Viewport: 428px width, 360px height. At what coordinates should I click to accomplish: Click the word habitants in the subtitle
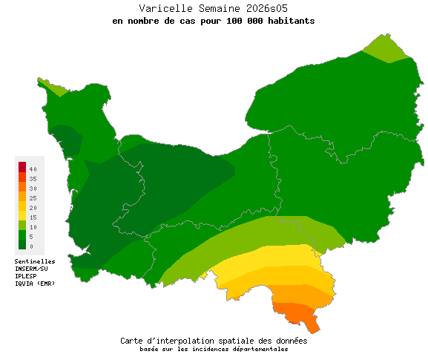coord(291,21)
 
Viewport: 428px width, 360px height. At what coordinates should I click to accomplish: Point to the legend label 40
coord(33,170)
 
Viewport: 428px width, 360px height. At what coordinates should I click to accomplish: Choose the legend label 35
coord(33,180)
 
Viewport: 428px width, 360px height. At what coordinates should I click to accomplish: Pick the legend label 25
coord(33,198)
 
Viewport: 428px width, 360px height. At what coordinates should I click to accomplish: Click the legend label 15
coord(33,217)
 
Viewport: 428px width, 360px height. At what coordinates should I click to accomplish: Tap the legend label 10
coord(33,226)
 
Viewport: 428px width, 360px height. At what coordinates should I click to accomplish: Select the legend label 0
coord(31,246)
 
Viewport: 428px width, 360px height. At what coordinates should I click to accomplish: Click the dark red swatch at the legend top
coord(22,166)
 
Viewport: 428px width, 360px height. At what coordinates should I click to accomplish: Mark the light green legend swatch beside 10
coord(22,225)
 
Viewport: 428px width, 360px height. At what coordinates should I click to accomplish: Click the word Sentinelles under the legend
coord(35,261)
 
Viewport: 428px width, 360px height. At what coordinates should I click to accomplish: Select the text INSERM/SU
coord(31,269)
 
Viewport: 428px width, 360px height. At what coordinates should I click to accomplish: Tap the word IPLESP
coord(26,276)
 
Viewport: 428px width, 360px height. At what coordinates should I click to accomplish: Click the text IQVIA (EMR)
coord(35,284)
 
